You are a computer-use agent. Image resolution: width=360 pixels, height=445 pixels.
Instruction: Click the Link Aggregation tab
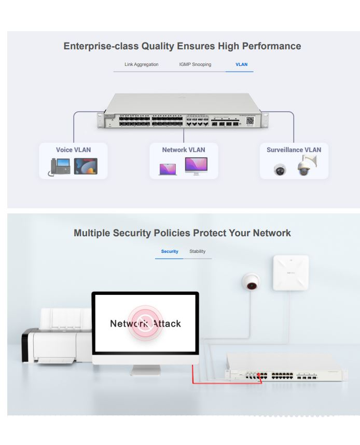pos(142,64)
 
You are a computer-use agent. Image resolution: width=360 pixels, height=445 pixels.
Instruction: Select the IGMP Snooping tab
pos(195,64)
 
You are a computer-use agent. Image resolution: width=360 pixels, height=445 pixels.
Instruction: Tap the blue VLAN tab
pos(241,64)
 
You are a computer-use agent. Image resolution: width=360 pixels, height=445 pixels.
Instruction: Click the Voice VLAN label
pos(73,150)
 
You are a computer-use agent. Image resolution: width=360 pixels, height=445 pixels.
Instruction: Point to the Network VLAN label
pos(183,150)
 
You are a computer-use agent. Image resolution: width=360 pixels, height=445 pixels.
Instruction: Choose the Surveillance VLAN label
pos(294,150)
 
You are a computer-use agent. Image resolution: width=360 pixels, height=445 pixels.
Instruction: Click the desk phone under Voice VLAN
pos(60,166)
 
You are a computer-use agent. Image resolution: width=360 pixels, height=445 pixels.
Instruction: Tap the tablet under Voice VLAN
pos(86,166)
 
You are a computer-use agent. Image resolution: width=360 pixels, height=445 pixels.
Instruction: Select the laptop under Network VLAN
pos(168,169)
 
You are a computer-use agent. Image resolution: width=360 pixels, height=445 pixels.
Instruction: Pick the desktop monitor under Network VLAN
pos(196,166)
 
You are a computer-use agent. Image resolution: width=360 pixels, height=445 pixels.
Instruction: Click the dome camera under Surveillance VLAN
pos(280,169)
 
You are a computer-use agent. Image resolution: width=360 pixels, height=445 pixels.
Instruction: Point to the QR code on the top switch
pos(250,120)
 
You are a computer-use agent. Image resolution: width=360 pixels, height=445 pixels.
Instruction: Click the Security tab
pos(170,251)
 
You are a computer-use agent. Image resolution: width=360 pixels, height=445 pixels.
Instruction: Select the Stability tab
pos(197,251)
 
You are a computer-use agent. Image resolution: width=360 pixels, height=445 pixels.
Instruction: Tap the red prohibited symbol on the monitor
pos(146,323)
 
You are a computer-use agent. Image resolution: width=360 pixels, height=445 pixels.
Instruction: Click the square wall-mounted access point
pos(290,273)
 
